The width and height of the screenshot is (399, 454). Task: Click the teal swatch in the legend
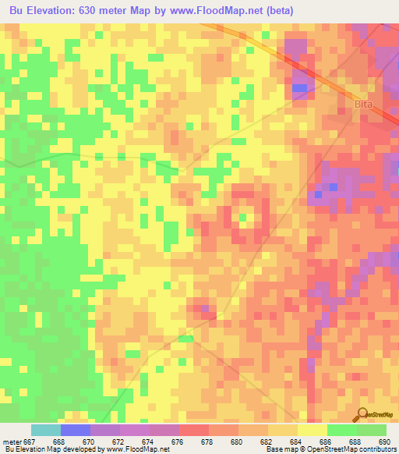pyautogui.click(x=46, y=430)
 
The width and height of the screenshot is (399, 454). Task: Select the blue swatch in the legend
pyautogui.click(x=76, y=430)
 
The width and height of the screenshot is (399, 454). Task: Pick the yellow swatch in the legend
pyautogui.click(x=312, y=430)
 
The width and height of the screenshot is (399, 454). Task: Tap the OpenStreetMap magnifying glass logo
pyautogui.click(x=362, y=413)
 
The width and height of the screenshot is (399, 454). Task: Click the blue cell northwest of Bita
pyautogui.click(x=298, y=88)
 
